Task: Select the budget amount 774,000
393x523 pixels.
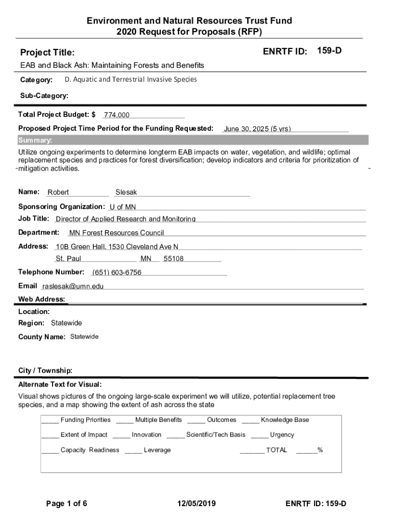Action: (117, 115)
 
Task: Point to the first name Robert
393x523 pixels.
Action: (58, 193)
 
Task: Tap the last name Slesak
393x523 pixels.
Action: (126, 193)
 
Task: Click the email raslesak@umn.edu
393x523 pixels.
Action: (72, 287)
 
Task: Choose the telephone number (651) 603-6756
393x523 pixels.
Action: (117, 272)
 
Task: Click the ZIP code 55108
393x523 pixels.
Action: (174, 259)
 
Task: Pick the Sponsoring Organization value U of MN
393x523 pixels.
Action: (122, 207)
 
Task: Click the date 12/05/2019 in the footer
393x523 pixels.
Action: (196, 504)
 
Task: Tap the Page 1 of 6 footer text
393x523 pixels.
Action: (67, 504)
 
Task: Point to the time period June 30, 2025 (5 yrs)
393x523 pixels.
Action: (257, 129)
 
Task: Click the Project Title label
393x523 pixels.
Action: (47, 53)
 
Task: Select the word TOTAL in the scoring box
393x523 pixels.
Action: (277, 450)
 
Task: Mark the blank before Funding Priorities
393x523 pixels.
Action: (50, 420)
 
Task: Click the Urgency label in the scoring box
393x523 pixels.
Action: (282, 435)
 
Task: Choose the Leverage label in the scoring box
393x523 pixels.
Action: (157, 450)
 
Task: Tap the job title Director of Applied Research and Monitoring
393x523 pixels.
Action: (126, 219)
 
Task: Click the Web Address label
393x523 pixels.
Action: (41, 299)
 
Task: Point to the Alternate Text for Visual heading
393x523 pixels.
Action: (60, 384)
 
